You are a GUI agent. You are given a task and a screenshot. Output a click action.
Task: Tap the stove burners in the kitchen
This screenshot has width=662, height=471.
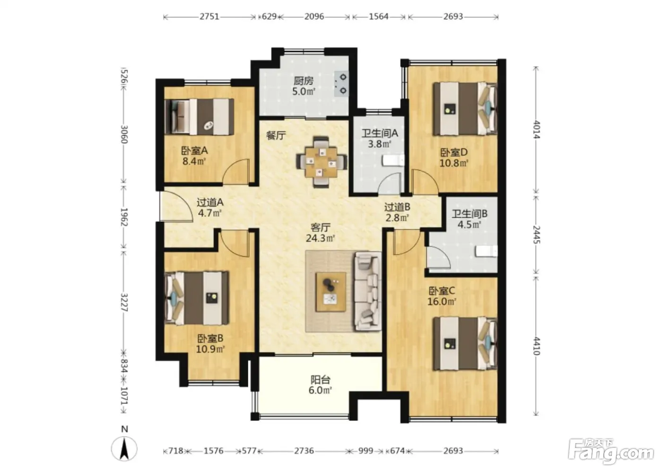[x=341, y=84]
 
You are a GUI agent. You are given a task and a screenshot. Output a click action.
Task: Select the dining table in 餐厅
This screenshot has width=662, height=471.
[x=322, y=162]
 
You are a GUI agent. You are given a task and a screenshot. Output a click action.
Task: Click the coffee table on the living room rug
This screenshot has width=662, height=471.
[x=331, y=292]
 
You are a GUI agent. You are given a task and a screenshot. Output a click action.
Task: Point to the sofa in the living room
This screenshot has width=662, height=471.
[x=368, y=291]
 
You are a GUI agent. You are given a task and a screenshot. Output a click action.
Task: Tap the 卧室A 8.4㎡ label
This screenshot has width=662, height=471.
[x=194, y=156]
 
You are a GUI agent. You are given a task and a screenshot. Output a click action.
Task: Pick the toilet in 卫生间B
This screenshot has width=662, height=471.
[x=486, y=251]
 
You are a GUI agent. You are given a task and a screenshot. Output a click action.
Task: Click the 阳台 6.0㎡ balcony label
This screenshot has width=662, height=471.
[x=321, y=385]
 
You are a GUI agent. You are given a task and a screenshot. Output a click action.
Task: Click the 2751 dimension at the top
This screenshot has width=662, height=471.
[x=209, y=17]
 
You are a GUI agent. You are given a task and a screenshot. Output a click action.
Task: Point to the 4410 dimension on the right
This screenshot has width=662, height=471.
[x=537, y=346]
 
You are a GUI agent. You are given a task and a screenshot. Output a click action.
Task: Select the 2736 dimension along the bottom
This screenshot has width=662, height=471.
[x=304, y=451]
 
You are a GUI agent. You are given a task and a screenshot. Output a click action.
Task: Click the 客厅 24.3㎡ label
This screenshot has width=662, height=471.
[x=321, y=233]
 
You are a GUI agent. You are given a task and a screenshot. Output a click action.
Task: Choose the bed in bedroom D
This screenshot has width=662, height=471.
[x=465, y=109]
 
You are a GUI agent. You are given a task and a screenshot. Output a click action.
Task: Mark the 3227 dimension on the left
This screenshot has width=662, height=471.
[x=124, y=303]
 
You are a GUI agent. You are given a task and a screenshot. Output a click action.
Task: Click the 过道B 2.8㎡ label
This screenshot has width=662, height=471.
[x=397, y=212]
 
